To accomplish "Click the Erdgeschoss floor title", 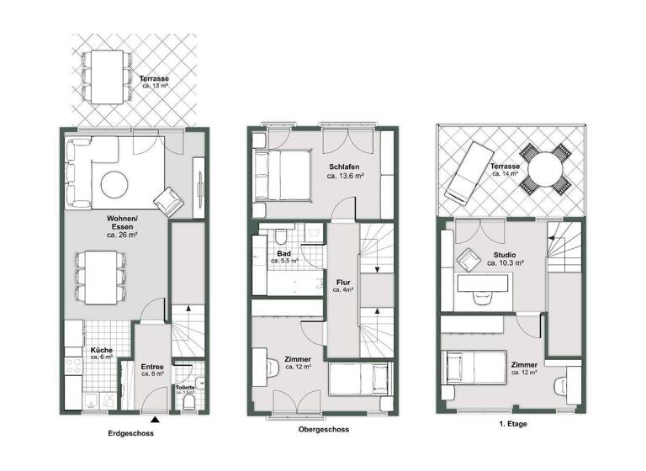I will tap(131, 435).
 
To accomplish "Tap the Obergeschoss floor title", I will tap(324, 429).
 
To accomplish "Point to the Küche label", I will tap(101, 349).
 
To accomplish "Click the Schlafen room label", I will tap(345, 167).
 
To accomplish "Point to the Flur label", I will tap(343, 282).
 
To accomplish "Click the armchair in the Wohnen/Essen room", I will tap(168, 200).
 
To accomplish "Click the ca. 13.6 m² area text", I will tap(345, 177).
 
